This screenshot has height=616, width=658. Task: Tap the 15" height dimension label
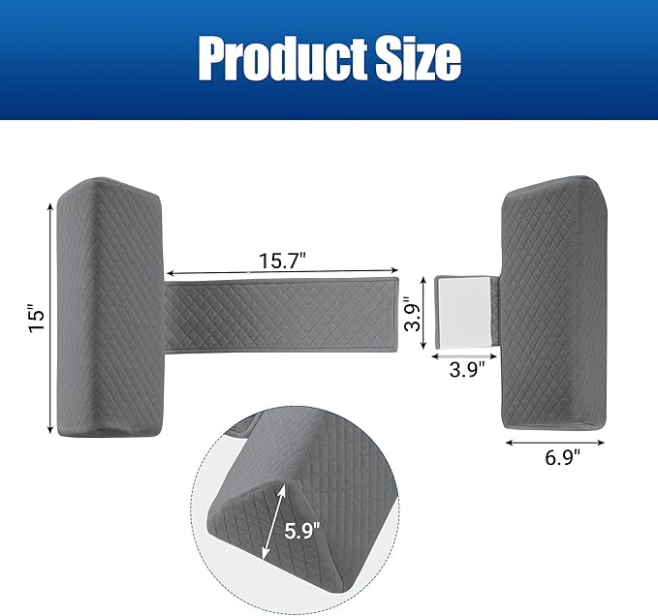click(x=37, y=319)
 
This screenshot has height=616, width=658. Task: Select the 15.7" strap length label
click(x=282, y=261)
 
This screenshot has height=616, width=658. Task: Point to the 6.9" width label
click(x=562, y=457)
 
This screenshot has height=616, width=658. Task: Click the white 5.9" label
click(x=302, y=532)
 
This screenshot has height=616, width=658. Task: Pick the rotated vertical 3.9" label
click(x=412, y=314)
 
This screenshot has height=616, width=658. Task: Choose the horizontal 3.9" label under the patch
click(x=467, y=370)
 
